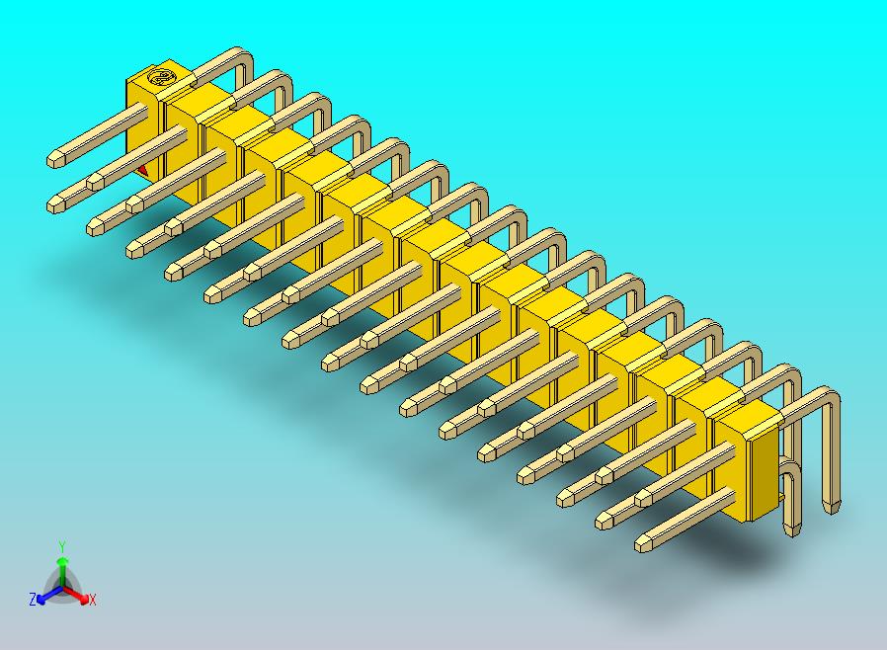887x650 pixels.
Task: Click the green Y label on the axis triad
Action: pyautogui.click(x=61, y=546)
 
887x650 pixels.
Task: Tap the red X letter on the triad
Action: pyautogui.click(x=93, y=600)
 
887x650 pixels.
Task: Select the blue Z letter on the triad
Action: pyautogui.click(x=32, y=600)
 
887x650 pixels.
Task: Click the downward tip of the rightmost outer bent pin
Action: pyautogui.click(x=834, y=507)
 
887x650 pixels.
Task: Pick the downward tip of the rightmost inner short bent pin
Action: pyautogui.click(x=790, y=529)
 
